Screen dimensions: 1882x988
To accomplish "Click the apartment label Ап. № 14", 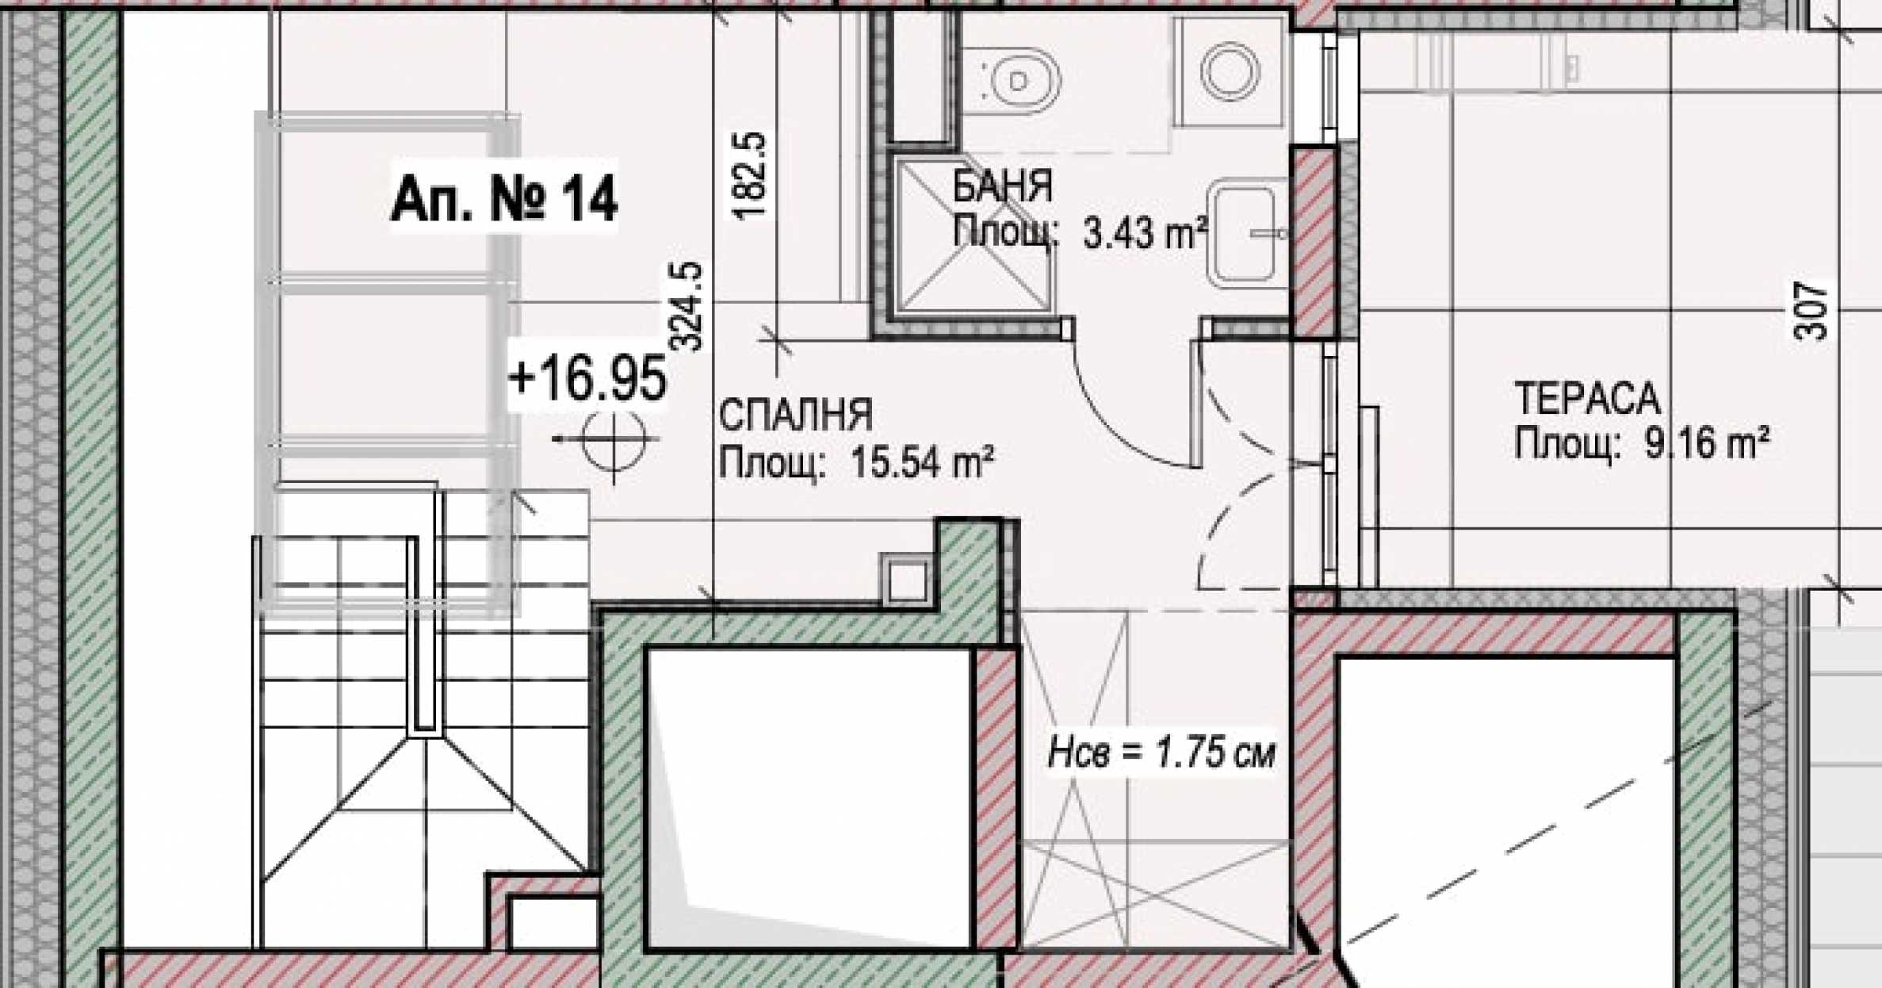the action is tap(504, 199).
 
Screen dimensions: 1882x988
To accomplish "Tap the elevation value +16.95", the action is tap(587, 378).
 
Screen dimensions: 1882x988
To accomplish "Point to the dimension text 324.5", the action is tap(686, 306).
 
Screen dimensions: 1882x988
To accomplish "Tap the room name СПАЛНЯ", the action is tap(795, 415).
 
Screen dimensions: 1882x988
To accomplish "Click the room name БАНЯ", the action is tap(1002, 186).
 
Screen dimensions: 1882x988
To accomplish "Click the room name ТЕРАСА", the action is tap(1587, 398).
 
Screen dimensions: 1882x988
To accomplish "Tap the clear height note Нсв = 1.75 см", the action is tap(1162, 752).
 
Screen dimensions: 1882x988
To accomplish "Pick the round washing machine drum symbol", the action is tap(1230, 70).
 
